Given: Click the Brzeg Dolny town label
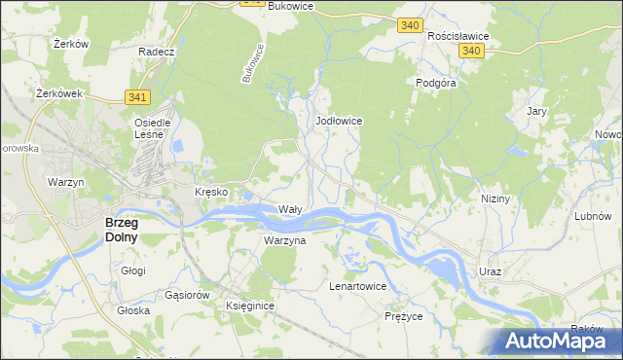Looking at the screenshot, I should click(x=121, y=229).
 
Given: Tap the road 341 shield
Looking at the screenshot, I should click(x=136, y=96).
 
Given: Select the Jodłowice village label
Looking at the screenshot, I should click(x=340, y=121).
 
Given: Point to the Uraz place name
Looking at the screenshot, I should click(x=490, y=271).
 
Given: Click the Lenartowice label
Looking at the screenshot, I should click(x=358, y=287).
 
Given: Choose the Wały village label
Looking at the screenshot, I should click(x=290, y=209).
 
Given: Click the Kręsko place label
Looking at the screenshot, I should click(x=211, y=192).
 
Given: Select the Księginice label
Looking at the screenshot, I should click(x=250, y=306).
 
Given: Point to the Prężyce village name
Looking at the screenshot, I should click(x=404, y=316).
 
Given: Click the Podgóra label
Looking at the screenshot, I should click(x=436, y=84).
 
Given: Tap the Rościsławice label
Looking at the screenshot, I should click(x=458, y=35).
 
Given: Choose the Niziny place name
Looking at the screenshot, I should click(x=495, y=198).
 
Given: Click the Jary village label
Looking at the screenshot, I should click(x=536, y=111).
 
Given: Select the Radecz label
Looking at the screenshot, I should click(x=156, y=52).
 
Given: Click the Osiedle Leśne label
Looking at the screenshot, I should click(x=153, y=129).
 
